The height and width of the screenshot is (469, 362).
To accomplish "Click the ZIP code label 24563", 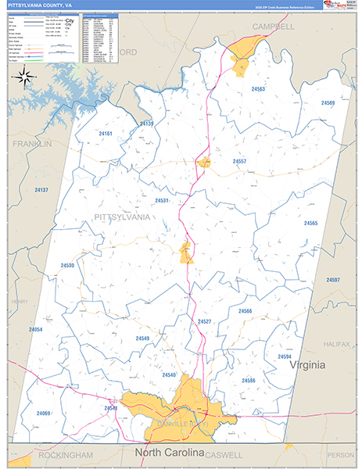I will coord(258,90).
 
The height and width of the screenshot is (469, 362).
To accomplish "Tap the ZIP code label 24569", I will coord(327,103).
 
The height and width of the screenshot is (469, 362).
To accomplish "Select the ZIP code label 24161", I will coord(106,134).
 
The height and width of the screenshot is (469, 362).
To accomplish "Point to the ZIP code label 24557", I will coord(239,161).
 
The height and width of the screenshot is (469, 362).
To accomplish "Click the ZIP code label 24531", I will coord(162,201).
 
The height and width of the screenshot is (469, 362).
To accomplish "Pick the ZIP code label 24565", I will coord(310,224).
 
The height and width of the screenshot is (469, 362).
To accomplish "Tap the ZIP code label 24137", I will coord(41,190).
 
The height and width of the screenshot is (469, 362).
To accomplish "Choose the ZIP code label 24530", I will coord(67,266).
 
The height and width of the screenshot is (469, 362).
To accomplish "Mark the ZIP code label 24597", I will coord(333,280).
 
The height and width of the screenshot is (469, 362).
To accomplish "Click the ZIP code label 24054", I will coord(35,330).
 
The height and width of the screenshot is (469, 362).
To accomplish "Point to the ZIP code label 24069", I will coord(43,413).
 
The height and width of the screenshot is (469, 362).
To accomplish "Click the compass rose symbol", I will coord(24,77).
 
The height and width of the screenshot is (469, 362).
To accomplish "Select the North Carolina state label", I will coord(169,453).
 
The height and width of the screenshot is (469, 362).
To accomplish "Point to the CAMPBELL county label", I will coord(272,26).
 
